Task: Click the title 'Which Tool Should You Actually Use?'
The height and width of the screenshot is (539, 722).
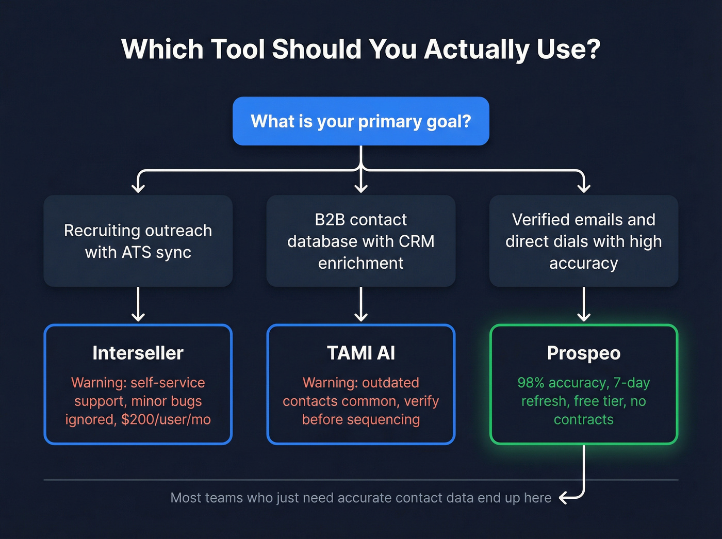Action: [361, 50]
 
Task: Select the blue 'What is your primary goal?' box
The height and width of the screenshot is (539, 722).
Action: [361, 121]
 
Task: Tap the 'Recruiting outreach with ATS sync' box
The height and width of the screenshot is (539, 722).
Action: [138, 241]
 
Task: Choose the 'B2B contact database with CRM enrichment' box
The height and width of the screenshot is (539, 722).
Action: [361, 241]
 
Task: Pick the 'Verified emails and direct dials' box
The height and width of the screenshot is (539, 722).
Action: [584, 241]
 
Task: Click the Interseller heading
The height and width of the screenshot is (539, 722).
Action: [138, 353]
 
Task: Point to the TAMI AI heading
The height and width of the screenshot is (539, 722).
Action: [361, 353]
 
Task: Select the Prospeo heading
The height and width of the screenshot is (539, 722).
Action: [584, 353]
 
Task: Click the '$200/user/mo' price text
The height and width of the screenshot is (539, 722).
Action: [166, 419]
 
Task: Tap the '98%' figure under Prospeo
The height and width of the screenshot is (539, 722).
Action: [531, 383]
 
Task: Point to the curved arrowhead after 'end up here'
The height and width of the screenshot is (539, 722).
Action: [564, 498]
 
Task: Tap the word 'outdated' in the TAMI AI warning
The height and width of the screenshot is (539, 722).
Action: [390, 383]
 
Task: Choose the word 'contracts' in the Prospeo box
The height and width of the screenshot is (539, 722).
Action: [584, 419]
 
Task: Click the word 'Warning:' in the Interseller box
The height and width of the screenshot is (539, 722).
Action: [99, 383]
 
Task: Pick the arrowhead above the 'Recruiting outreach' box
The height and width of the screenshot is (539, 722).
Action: [138, 187]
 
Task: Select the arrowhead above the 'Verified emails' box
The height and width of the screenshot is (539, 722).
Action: [584, 187]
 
